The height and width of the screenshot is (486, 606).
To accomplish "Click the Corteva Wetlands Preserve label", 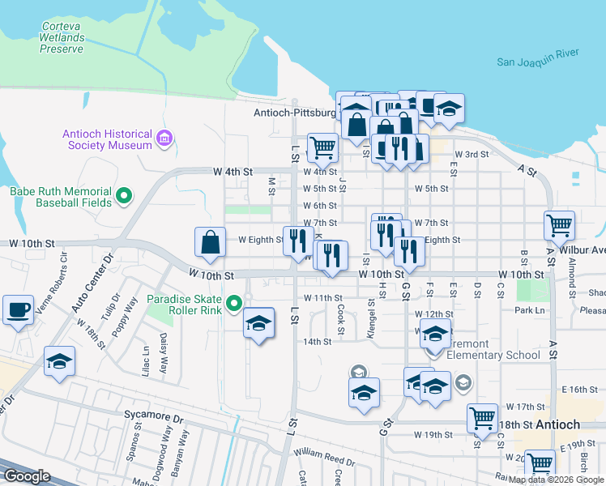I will click(62, 37).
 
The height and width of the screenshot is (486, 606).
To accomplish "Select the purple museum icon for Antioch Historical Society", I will click(166, 139).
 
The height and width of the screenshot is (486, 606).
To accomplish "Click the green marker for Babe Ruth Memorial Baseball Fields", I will click(125, 195).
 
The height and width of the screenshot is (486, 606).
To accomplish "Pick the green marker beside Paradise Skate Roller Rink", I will click(235, 304).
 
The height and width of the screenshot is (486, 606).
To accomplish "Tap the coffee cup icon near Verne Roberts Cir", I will click(19, 309).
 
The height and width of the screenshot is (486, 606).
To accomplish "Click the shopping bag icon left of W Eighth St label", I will click(210, 242).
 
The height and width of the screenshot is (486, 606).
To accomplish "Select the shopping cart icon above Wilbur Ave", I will click(559, 225).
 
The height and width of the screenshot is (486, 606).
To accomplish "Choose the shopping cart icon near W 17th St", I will click(482, 418).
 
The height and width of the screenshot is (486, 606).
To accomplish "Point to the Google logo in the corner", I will click(27, 476).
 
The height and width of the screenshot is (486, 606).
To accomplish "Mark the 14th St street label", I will click(318, 342).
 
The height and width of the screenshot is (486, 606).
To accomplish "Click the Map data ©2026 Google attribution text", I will click(556, 480).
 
